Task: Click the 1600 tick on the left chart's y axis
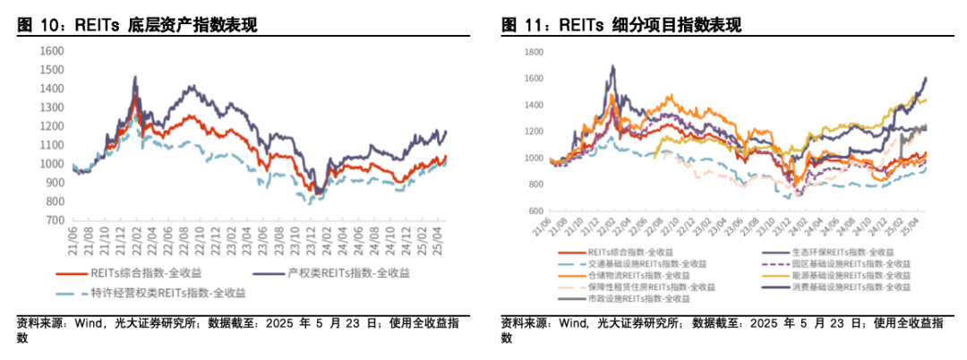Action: coord(51,51)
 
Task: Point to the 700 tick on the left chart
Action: coord(55,220)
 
